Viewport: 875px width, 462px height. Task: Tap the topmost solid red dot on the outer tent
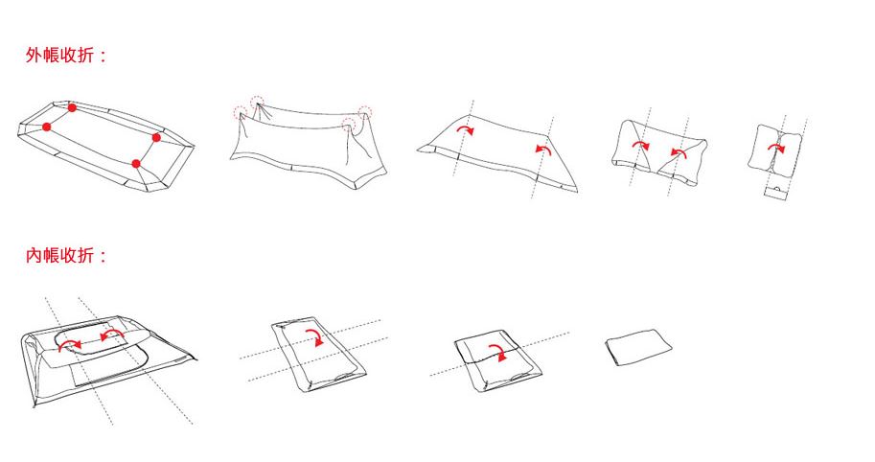[x=72, y=107]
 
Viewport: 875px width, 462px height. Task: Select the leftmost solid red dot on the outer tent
[x=47, y=127]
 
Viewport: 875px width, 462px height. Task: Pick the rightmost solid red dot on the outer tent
[x=156, y=137]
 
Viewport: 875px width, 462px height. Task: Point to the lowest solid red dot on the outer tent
[x=136, y=164]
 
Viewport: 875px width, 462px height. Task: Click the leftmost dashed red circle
[x=240, y=112]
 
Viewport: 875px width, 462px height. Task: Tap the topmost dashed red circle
[x=257, y=103]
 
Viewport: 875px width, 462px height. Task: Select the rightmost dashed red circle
[x=365, y=111]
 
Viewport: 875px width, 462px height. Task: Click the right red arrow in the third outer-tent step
[x=543, y=149]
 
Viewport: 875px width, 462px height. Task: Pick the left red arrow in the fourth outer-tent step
[x=641, y=145]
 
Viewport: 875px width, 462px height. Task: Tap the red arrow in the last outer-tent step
[x=775, y=147]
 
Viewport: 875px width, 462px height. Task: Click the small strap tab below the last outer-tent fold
[x=775, y=194]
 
